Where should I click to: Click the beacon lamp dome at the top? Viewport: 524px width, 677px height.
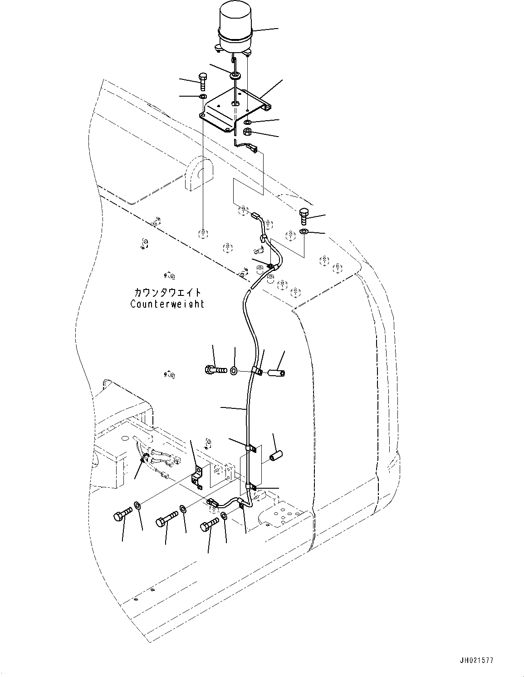coord(234,23)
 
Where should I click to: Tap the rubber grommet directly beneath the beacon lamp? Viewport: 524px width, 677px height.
coord(235,75)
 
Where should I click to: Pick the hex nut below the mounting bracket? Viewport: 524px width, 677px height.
coord(248,132)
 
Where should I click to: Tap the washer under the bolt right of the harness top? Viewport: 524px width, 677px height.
coord(304,233)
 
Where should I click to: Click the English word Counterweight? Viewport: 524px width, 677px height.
coord(167,304)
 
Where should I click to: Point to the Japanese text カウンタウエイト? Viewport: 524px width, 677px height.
coord(167,293)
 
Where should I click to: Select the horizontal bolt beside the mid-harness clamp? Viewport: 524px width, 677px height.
coord(215,370)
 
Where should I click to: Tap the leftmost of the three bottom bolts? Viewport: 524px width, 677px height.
coord(122,515)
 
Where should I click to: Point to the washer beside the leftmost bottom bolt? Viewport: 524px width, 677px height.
coord(137,505)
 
